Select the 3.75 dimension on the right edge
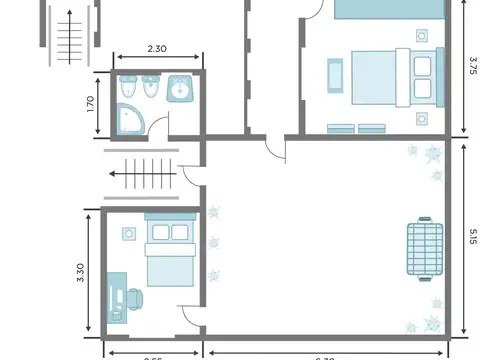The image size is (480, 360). tap(472, 65)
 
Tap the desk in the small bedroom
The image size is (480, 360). tap(115, 297)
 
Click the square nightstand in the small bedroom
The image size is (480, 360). tap(130, 234)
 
